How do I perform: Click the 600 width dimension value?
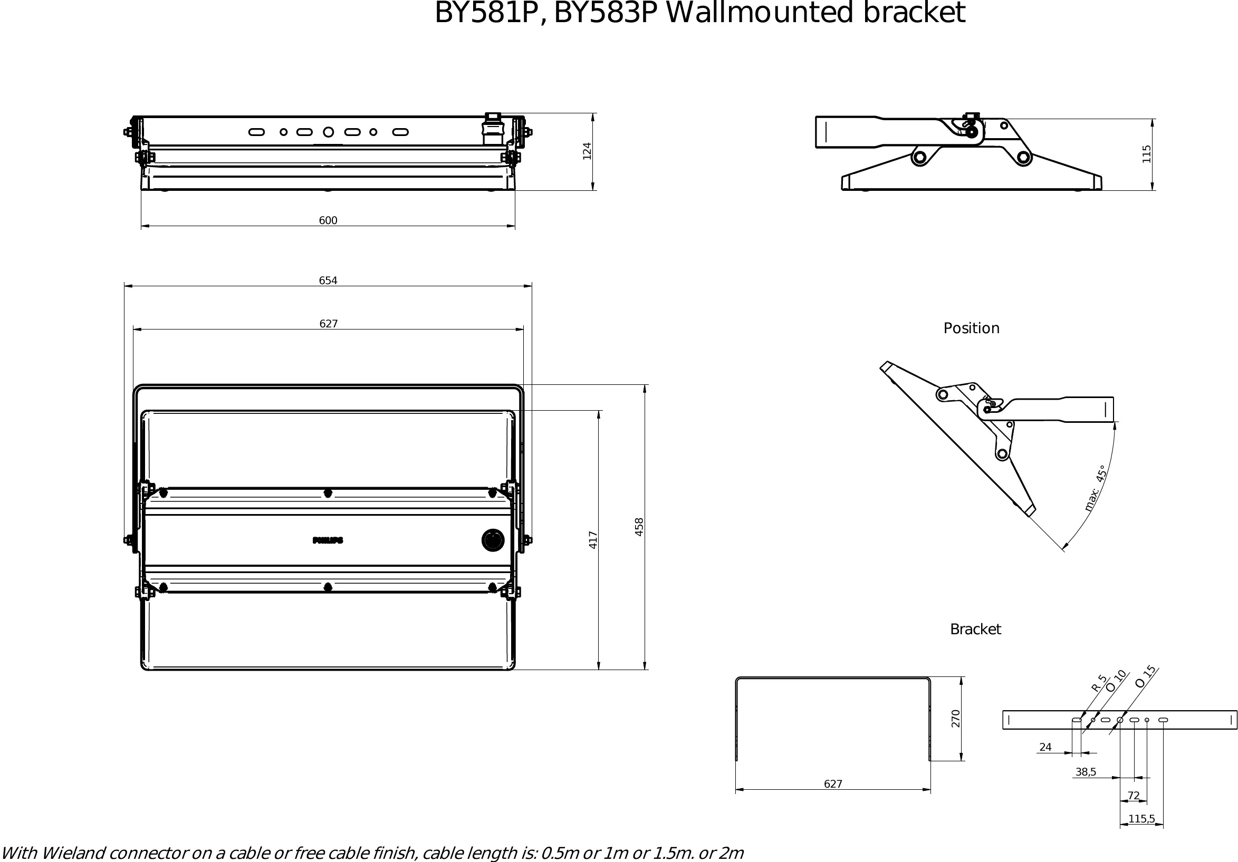tap(328, 220)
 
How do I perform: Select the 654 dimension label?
tap(328, 280)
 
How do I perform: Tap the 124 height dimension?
tap(587, 151)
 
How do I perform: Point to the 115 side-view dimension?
tap(1146, 154)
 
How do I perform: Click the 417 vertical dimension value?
tap(593, 540)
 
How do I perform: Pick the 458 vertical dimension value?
tap(639, 527)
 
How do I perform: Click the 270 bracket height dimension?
tap(955, 719)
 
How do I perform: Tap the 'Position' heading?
tap(971, 328)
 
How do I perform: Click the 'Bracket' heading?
tap(975, 629)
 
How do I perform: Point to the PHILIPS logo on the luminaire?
tap(328, 540)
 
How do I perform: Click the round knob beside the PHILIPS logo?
tap(493, 540)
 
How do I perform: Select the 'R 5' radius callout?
tap(1098, 683)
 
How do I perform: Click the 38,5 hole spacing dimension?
tap(1086, 772)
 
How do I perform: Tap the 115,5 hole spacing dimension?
tap(1141, 819)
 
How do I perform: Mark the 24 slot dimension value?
tap(1045, 747)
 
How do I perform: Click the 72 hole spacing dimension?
tap(1134, 796)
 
